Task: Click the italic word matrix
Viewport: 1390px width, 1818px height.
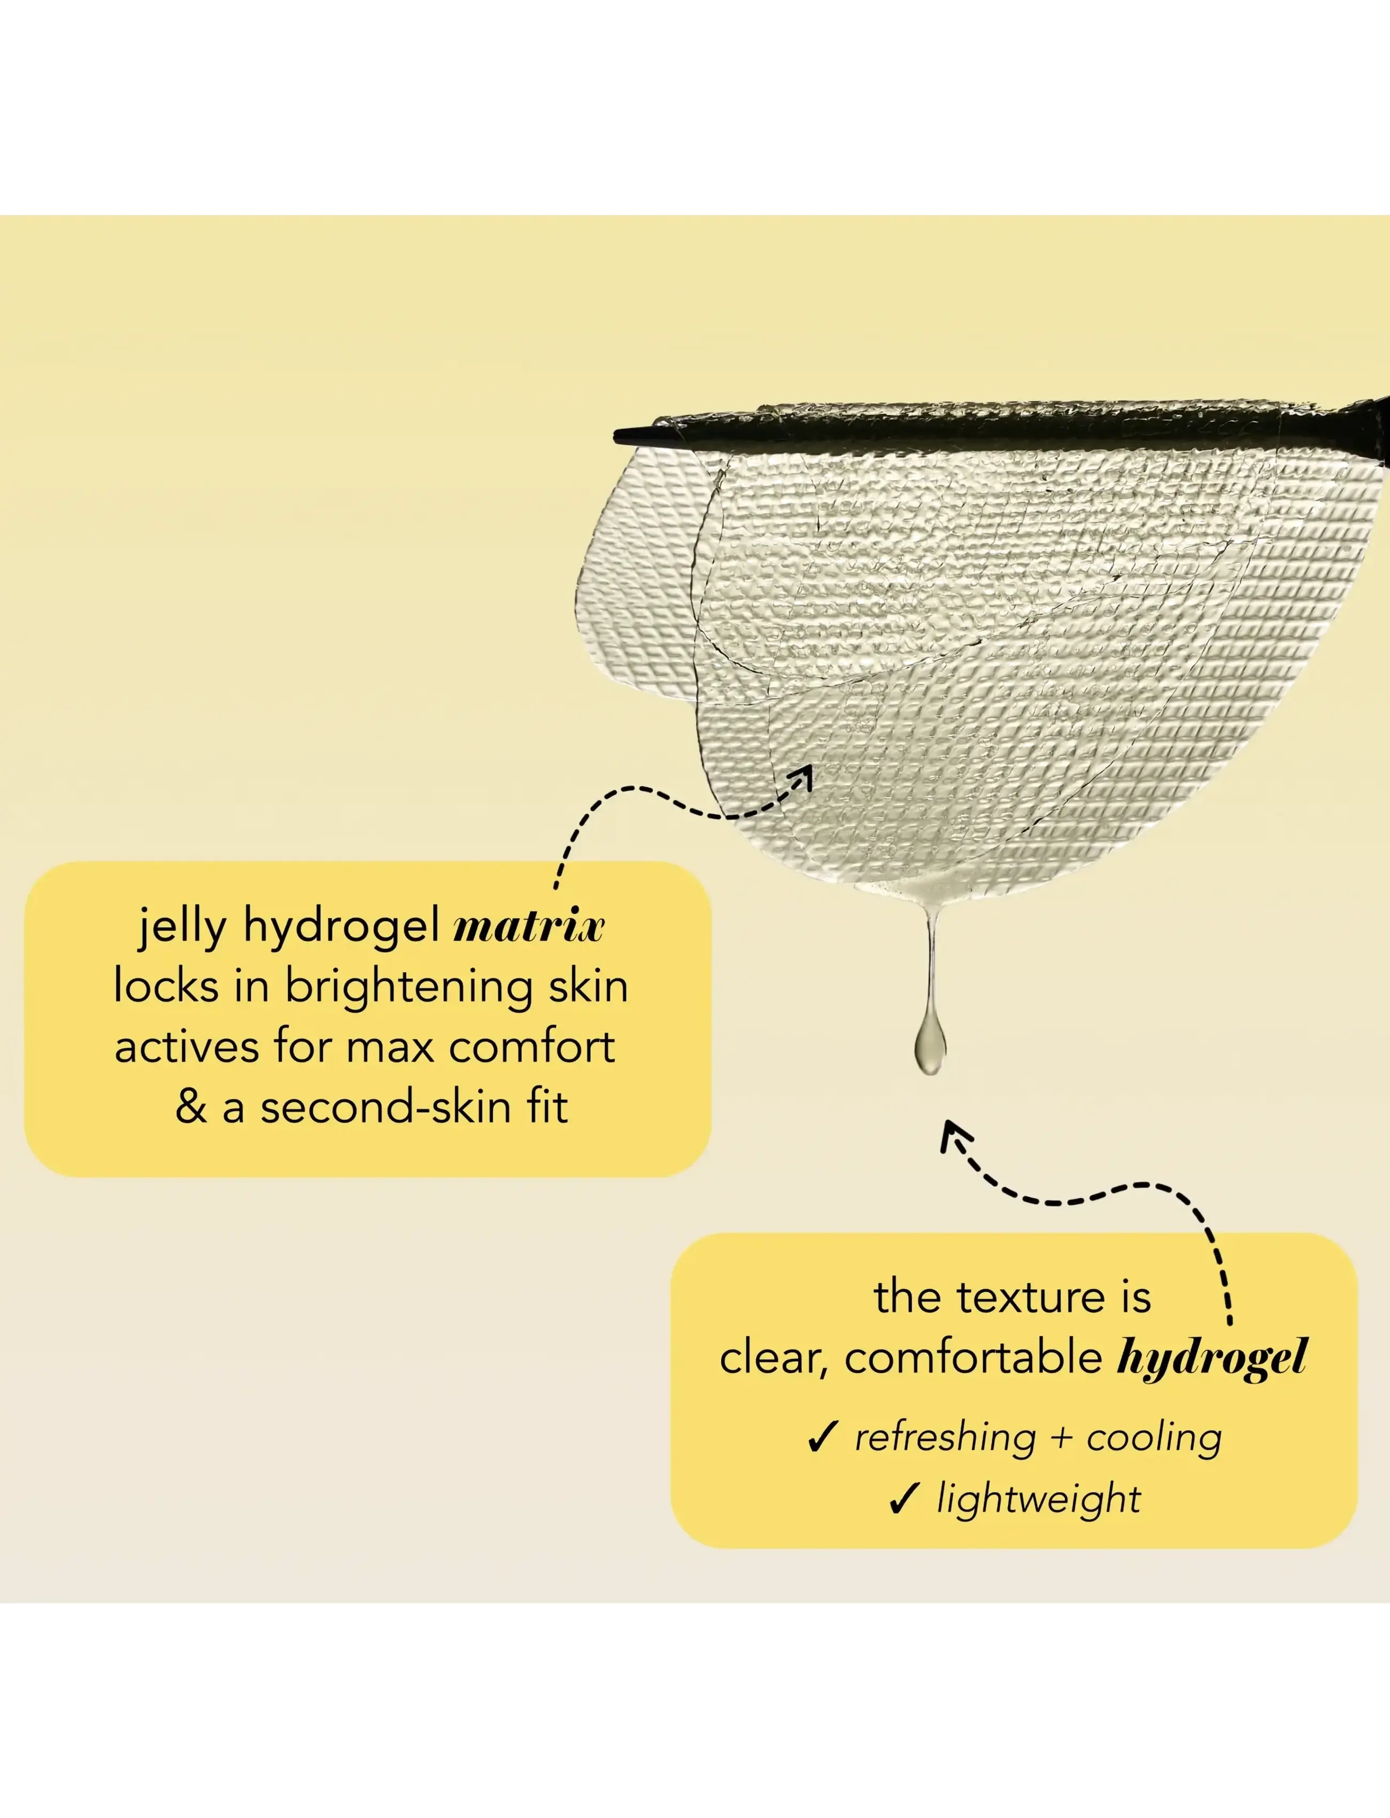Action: tap(529, 927)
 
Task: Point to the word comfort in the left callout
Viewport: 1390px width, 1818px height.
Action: tap(532, 1047)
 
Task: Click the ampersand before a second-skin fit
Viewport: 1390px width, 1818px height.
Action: tap(190, 1108)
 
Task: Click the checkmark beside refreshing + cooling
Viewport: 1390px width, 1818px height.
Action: tap(822, 1437)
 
